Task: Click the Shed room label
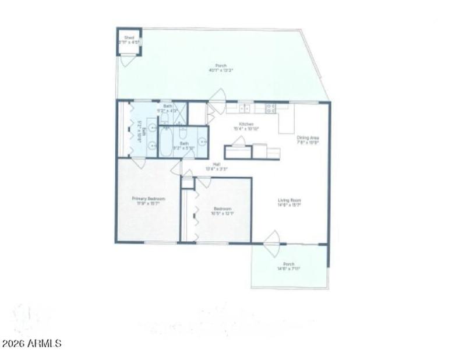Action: (x=129, y=38)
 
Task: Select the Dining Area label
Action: (x=308, y=137)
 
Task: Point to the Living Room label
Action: (x=289, y=200)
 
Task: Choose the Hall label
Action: (x=216, y=164)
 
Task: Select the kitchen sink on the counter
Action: (x=246, y=108)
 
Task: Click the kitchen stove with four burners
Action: (x=270, y=108)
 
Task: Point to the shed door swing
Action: (x=129, y=61)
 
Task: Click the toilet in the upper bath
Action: (x=165, y=118)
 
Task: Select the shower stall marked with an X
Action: (x=181, y=111)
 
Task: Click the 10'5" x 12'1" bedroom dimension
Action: (x=223, y=213)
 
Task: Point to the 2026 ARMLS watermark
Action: (x=31, y=344)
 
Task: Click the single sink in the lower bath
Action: (x=200, y=140)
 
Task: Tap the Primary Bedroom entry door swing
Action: (x=139, y=161)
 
